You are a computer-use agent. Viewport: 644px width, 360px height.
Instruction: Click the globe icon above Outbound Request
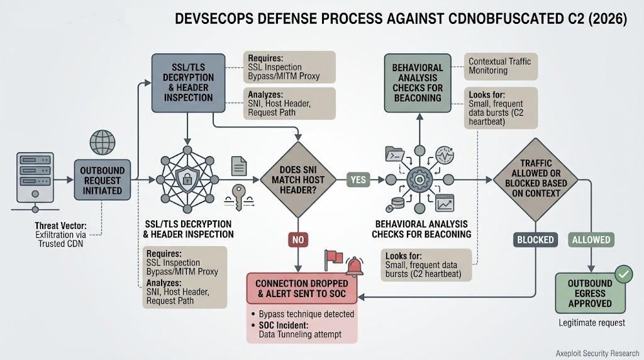pyautogui.click(x=103, y=142)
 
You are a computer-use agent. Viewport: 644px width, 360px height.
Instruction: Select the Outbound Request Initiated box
pyautogui.click(x=103, y=180)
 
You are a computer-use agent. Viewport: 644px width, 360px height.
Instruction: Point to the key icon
pyautogui.click(x=238, y=196)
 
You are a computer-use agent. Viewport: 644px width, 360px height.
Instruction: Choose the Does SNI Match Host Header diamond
pyautogui.click(x=298, y=179)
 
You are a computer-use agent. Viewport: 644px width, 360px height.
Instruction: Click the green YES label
pyautogui.click(x=358, y=179)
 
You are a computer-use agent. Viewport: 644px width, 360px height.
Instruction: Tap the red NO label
pyautogui.click(x=298, y=240)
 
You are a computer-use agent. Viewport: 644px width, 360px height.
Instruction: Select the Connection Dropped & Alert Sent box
pyautogui.click(x=302, y=288)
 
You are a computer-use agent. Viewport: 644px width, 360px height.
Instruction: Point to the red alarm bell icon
pyautogui.click(x=355, y=266)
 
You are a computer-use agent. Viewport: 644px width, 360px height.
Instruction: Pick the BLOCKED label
pyautogui.click(x=535, y=240)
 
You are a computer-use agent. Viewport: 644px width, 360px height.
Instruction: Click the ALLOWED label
pyautogui.click(x=591, y=240)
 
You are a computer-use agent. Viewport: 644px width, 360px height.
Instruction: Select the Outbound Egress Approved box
pyautogui.click(x=590, y=293)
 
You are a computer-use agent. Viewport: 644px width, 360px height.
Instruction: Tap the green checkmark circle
pyautogui.click(x=624, y=274)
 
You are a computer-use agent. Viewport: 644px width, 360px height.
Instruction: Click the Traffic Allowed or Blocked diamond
pyautogui.click(x=536, y=179)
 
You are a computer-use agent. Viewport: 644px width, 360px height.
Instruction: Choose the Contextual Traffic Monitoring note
pyautogui.click(x=500, y=66)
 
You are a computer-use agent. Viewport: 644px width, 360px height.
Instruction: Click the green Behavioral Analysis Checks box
pyautogui.click(x=418, y=83)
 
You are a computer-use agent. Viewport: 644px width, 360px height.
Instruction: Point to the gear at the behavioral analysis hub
pyautogui.click(x=419, y=179)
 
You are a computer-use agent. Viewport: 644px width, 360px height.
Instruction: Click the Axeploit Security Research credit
pyautogui.click(x=597, y=353)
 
